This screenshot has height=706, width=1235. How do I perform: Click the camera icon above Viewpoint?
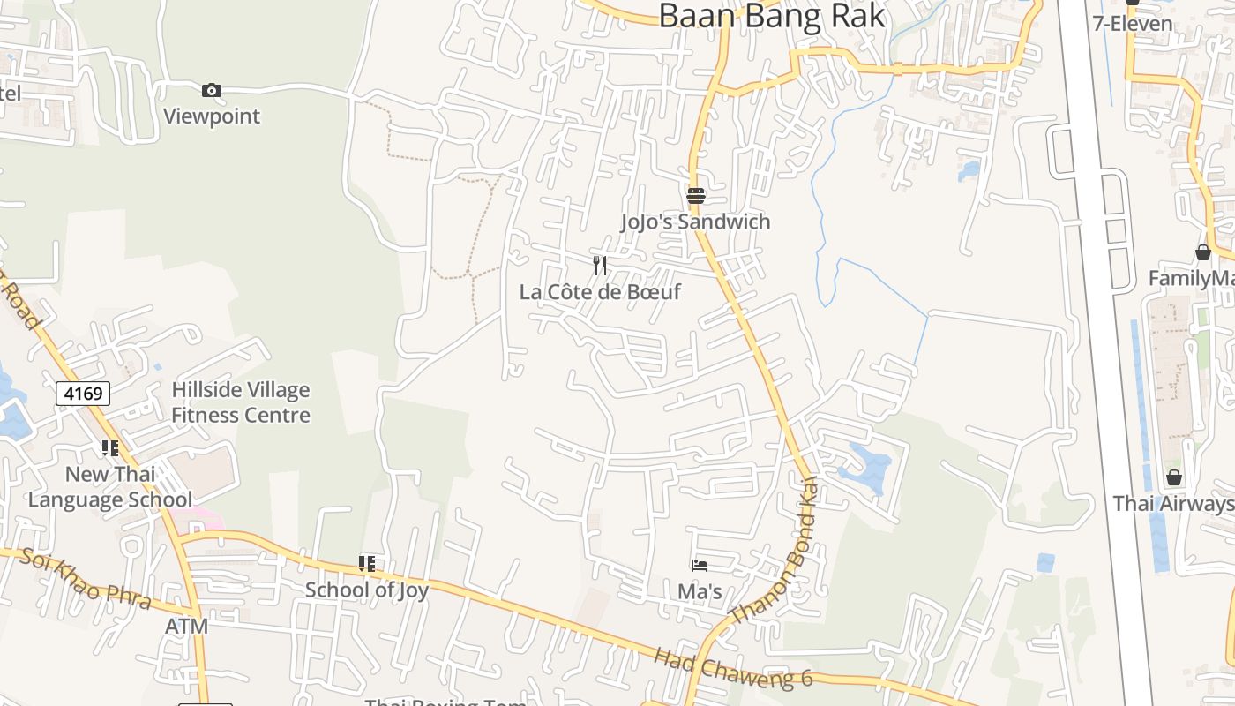212,90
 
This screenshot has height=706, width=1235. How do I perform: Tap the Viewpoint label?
212,116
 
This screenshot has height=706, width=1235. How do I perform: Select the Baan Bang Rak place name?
772,15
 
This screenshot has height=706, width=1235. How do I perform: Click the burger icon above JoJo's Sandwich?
696,195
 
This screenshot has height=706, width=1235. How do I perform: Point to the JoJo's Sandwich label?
695,222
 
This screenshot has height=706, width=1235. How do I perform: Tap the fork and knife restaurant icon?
600,265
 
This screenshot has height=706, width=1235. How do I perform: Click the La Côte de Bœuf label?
600,291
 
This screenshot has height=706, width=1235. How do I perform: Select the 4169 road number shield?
83,393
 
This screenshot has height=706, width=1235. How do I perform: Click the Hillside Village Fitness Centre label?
241,402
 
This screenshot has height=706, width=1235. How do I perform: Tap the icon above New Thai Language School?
110,448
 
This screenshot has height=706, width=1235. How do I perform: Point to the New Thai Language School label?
110,487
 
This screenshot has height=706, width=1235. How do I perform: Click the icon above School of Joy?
367,563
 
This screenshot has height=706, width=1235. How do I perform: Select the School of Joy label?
367,590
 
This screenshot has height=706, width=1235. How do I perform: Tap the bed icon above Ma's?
700,565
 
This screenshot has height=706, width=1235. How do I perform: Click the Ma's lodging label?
700,591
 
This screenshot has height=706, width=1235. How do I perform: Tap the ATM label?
187,627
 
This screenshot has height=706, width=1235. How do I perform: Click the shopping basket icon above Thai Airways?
1174,477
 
